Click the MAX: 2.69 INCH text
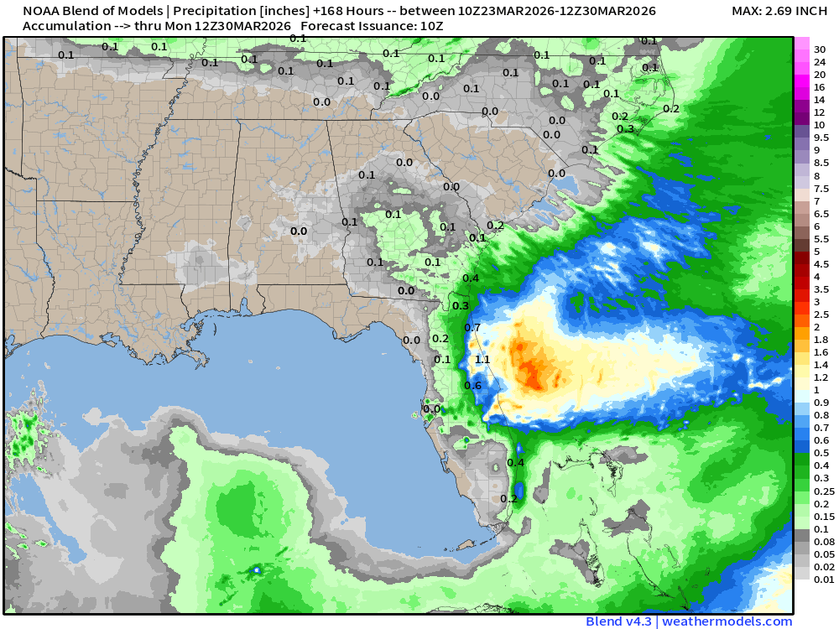[779, 11]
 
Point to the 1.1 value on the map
[482, 359]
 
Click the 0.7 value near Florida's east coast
[472, 327]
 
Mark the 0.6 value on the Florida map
[472, 385]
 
